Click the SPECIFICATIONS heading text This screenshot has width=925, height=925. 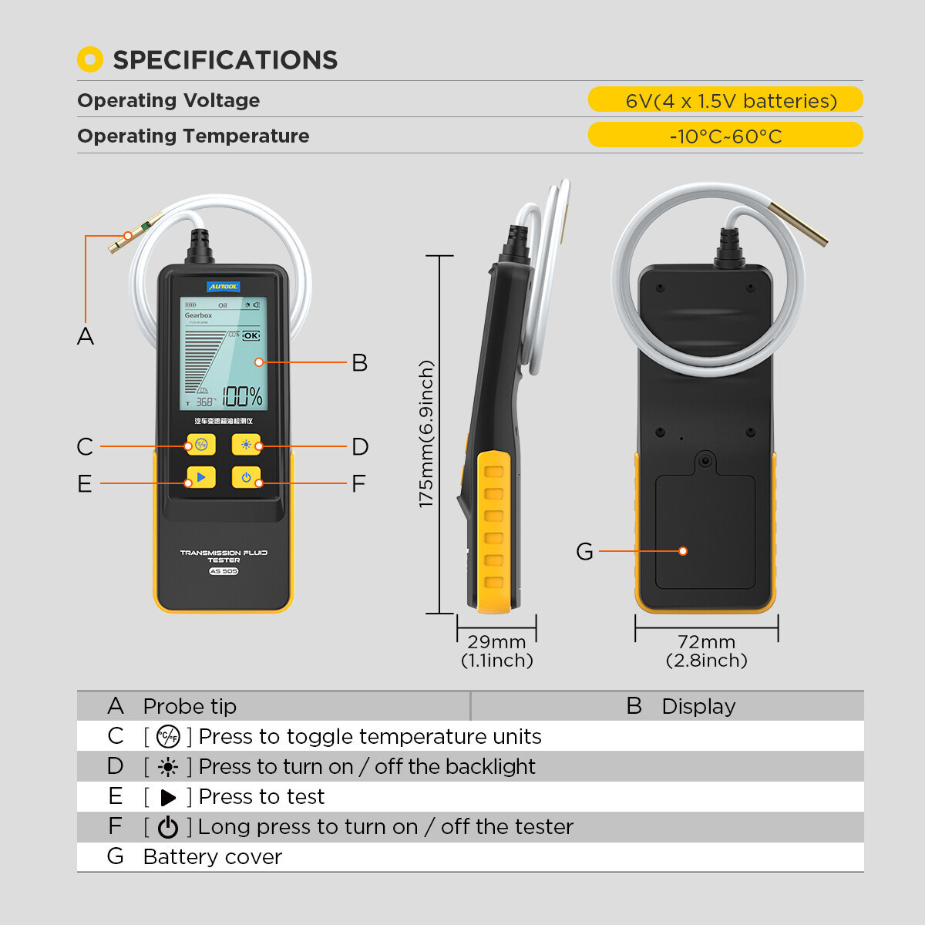(225, 60)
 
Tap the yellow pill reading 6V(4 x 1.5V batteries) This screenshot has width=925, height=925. (725, 100)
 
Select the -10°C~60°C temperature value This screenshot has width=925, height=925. (725, 136)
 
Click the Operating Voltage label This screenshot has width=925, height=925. (169, 100)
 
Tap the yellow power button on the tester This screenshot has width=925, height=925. (246, 478)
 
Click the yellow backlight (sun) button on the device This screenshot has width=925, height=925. (246, 445)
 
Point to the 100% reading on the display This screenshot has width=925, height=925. (242, 397)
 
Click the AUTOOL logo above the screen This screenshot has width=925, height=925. (223, 287)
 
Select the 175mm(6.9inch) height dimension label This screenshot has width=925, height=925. (426, 434)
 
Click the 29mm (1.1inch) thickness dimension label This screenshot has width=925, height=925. (497, 651)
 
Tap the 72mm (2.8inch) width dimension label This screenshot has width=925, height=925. (707, 651)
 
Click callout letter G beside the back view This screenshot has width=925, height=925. (584, 552)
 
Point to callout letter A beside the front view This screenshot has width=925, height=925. (86, 337)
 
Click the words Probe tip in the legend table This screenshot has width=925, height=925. (190, 706)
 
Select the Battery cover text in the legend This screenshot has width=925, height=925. (213, 857)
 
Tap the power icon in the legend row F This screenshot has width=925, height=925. (167, 827)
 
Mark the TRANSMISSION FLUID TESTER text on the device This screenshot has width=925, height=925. (224, 556)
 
